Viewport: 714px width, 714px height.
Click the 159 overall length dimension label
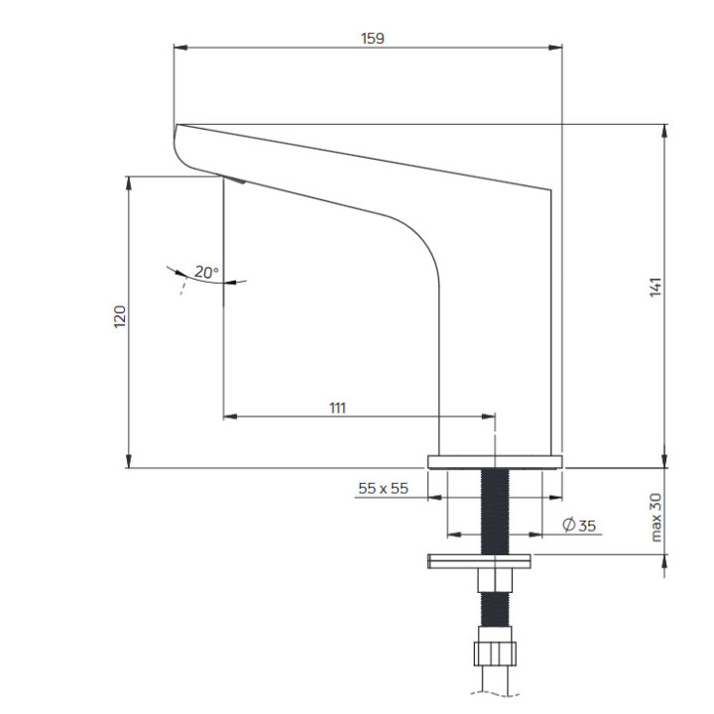tap(373, 38)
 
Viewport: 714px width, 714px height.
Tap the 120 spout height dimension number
tap(120, 316)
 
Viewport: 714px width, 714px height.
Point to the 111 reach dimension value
tap(337, 407)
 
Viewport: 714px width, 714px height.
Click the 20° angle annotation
tap(205, 272)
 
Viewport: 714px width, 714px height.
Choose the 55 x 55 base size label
tap(383, 488)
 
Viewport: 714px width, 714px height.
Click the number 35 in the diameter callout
tap(586, 526)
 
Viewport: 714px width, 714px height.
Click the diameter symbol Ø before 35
tap(568, 526)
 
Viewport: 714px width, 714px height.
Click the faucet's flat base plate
tap(495, 461)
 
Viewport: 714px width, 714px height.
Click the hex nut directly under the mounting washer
tap(494, 580)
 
